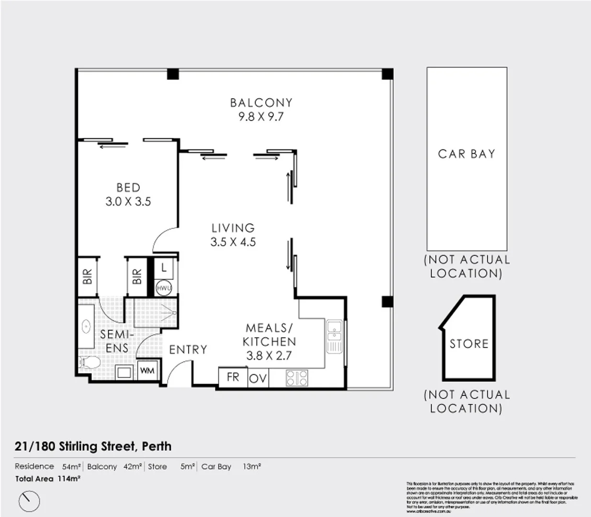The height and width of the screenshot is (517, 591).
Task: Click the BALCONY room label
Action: [x=261, y=102]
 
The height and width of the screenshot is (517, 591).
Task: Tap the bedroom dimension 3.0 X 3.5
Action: [x=128, y=202]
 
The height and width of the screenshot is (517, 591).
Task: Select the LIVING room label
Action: [x=233, y=228]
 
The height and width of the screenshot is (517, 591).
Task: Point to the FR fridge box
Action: [x=233, y=377]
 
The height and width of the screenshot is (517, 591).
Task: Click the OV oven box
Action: [x=258, y=378]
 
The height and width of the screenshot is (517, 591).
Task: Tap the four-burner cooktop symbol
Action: [x=297, y=378]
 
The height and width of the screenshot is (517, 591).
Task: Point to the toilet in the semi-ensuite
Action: [x=89, y=362]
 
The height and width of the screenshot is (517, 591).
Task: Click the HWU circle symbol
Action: [x=164, y=288]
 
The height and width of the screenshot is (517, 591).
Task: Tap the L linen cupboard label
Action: [x=164, y=268]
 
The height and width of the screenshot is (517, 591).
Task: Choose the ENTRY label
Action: [x=188, y=349]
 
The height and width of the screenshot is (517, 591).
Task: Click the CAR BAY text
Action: [x=467, y=154]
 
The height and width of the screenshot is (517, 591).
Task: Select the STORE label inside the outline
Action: [x=469, y=344]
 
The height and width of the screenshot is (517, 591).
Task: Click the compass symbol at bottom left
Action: [x=29, y=501]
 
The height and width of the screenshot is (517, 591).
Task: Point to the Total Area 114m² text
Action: [x=47, y=478]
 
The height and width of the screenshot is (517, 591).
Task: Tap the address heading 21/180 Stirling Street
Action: [x=93, y=446]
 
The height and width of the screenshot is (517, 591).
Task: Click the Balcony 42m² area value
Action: [x=133, y=466]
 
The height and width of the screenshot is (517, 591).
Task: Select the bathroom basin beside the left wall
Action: [x=87, y=326]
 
